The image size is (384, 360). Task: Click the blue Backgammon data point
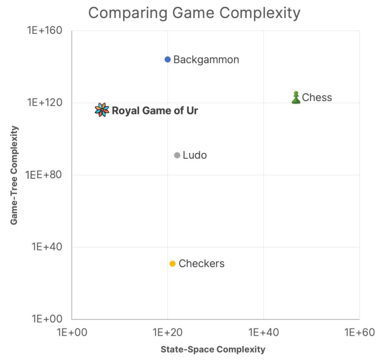pos(168,59)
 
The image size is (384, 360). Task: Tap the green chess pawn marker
pos(296,98)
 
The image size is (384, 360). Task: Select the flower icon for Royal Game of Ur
pos(102,110)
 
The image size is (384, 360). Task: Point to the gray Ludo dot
pos(177,155)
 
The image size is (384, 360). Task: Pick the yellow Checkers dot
pos(173,264)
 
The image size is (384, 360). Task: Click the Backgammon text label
pos(206,60)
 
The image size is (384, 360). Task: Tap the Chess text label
pos(317,98)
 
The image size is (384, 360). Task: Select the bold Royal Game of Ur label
pos(155,111)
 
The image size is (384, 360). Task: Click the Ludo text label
pos(195,155)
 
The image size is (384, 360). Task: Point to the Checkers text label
pos(201,264)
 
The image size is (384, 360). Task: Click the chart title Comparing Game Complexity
pos(194,13)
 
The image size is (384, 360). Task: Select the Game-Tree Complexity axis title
pos(14,175)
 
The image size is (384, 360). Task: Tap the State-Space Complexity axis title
pos(213,350)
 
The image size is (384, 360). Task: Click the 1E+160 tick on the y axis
pos(44,31)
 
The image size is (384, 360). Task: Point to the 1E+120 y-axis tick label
pos(44,103)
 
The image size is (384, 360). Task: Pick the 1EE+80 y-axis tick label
pos(44,175)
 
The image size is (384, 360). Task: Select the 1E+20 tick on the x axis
pos(168,332)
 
